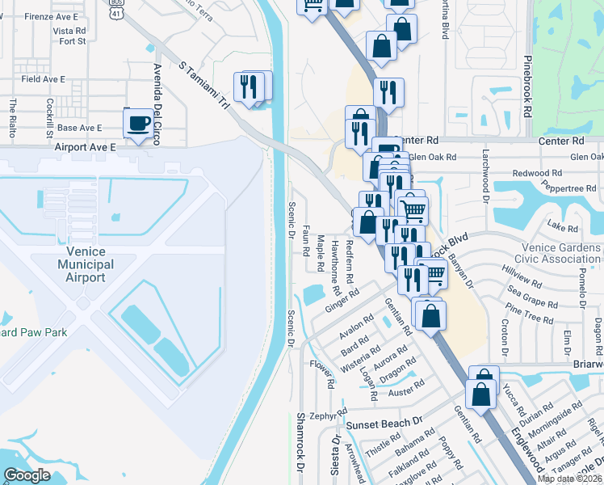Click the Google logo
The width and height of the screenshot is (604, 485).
(27, 475)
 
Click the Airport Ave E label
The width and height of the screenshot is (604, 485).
(86, 147)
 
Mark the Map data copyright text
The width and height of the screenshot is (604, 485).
(569, 479)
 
